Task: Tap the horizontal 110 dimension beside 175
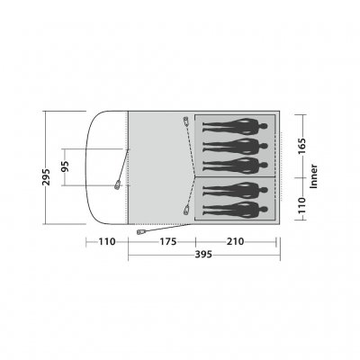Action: pos(107,241)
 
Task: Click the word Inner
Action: pos(312,178)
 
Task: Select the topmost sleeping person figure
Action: pos(234,126)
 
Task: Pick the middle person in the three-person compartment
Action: pos(234,146)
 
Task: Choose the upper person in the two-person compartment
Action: pos(234,189)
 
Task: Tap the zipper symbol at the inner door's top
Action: pos(184,121)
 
